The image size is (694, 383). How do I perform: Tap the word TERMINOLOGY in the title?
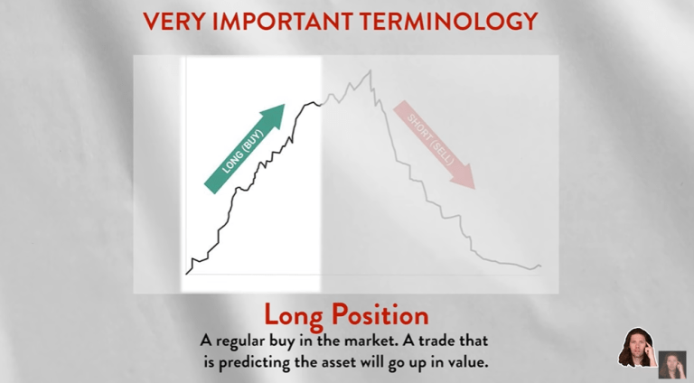pos(460,21)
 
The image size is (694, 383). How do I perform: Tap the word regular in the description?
pos(252,342)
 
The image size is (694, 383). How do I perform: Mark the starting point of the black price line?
pos(187,272)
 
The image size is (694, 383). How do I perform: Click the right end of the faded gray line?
pos(540,266)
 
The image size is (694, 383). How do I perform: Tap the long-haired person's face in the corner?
pos(635,346)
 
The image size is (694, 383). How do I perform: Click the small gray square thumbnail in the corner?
pos(672,364)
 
